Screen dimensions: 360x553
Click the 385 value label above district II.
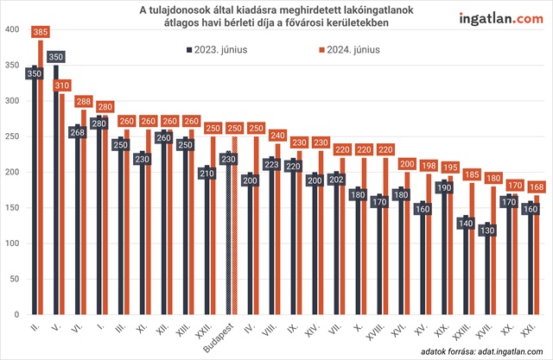[39, 32]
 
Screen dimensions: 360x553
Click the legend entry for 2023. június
[216, 50]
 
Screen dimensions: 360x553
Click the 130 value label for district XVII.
[488, 231]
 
